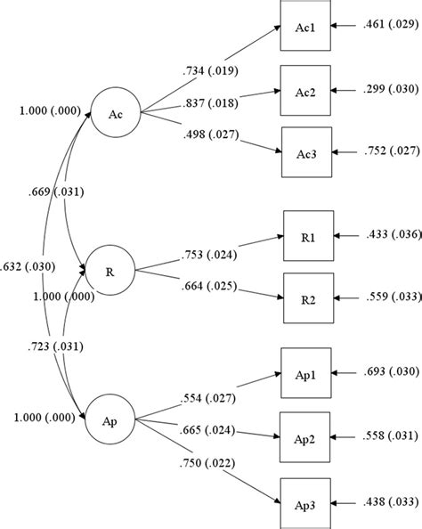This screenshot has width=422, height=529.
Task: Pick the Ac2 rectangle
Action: pos(304,89)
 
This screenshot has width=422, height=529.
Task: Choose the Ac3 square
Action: pos(304,150)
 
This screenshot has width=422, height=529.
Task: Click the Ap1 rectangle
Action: pos(304,368)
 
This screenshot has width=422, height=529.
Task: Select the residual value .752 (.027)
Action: pos(385,150)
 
